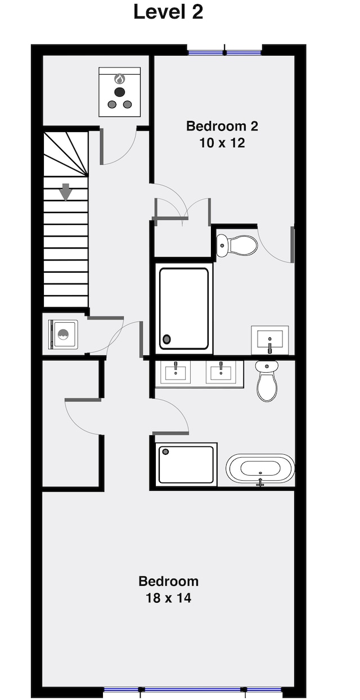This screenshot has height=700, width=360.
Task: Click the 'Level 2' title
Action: [x=168, y=12]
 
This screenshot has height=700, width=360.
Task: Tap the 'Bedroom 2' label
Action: [x=222, y=127]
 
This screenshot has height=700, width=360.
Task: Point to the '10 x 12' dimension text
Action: [x=222, y=143]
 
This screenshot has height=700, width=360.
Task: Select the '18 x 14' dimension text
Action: [x=168, y=598]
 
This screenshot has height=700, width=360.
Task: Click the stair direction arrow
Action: [x=66, y=192]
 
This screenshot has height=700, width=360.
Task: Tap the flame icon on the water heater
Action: [x=119, y=79]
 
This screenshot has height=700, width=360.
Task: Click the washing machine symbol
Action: [x=63, y=334]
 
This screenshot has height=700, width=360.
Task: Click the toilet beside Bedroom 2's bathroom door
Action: [x=237, y=246]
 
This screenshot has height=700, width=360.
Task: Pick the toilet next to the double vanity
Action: [x=267, y=381]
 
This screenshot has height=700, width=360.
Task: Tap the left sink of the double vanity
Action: [x=175, y=372]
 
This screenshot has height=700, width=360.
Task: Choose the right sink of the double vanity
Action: [x=221, y=372]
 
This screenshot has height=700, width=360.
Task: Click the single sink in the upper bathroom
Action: [x=270, y=340]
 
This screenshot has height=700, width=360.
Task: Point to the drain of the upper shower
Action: [x=166, y=338]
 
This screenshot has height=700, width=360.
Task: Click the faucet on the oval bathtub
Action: [x=260, y=481]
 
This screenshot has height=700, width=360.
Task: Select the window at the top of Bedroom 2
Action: [x=224, y=52]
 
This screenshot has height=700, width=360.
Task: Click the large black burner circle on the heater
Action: [x=119, y=92]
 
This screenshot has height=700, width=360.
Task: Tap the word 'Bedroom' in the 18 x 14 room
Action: [x=168, y=581]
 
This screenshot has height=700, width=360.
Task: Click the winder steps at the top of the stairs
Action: [x=65, y=153]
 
